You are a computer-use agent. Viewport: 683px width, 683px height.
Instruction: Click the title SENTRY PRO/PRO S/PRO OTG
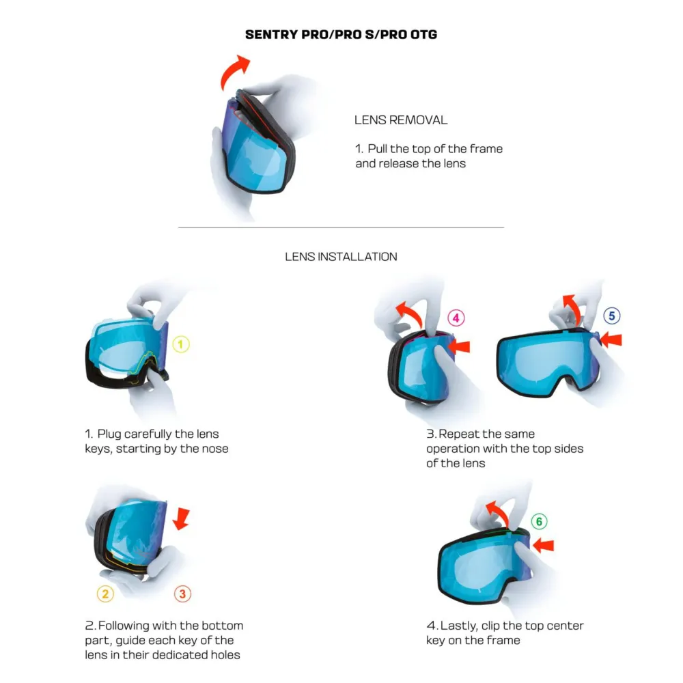click(341, 35)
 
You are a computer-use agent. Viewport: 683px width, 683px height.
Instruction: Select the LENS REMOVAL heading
click(401, 120)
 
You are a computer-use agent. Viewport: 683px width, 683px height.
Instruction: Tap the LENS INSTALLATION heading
click(341, 257)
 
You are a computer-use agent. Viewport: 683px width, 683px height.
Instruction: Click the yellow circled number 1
click(180, 345)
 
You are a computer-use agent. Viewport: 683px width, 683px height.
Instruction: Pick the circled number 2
click(104, 594)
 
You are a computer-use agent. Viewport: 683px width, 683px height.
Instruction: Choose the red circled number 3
click(182, 594)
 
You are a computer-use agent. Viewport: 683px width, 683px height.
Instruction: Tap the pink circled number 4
click(456, 318)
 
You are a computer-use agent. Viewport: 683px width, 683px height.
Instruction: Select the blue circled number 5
click(612, 316)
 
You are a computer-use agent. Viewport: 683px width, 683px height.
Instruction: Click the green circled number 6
click(539, 522)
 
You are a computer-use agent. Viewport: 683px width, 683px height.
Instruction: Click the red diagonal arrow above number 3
click(182, 517)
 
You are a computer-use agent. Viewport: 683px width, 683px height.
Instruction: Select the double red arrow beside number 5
click(612, 339)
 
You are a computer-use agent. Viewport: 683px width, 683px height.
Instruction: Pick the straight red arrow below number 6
click(543, 545)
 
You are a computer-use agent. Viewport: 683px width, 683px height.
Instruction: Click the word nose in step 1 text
click(214, 449)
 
